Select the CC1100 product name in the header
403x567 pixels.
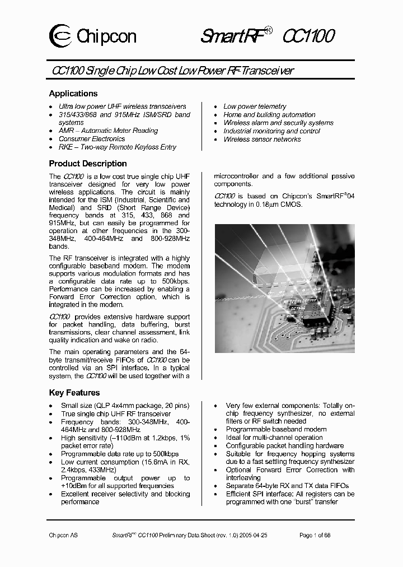[308, 36]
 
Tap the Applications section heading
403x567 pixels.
[73, 94]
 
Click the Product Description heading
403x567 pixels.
[88, 164]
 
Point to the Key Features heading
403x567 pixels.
[74, 393]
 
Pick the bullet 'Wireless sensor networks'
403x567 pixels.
[262, 139]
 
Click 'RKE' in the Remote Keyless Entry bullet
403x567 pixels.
[65, 147]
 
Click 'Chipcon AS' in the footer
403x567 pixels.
[63, 536]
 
